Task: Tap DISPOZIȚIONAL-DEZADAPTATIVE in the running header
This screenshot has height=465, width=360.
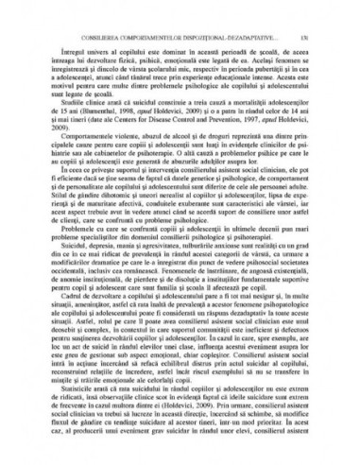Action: pyautogui.click(x=249, y=12)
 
